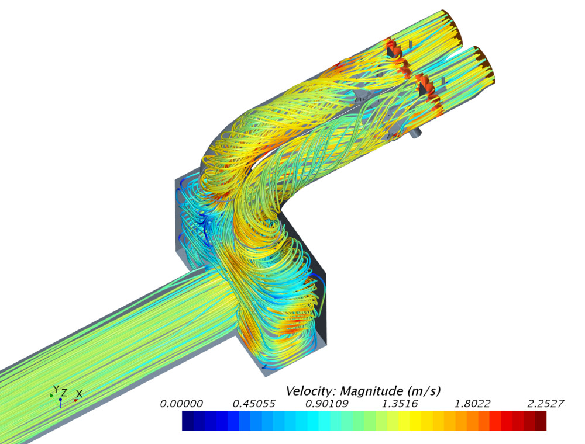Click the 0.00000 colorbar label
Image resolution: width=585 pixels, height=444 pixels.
tap(181, 404)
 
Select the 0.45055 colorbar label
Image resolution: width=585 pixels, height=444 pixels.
tap(254, 404)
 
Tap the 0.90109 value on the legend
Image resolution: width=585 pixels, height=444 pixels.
tap(327, 404)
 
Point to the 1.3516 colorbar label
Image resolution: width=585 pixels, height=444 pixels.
tap(400, 404)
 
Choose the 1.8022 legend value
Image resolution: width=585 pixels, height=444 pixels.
tap(472, 404)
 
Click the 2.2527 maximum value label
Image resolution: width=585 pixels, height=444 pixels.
tap(545, 404)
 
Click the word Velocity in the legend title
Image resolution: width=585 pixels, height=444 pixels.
tap(311, 391)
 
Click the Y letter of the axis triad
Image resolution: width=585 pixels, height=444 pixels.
tap(56, 389)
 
